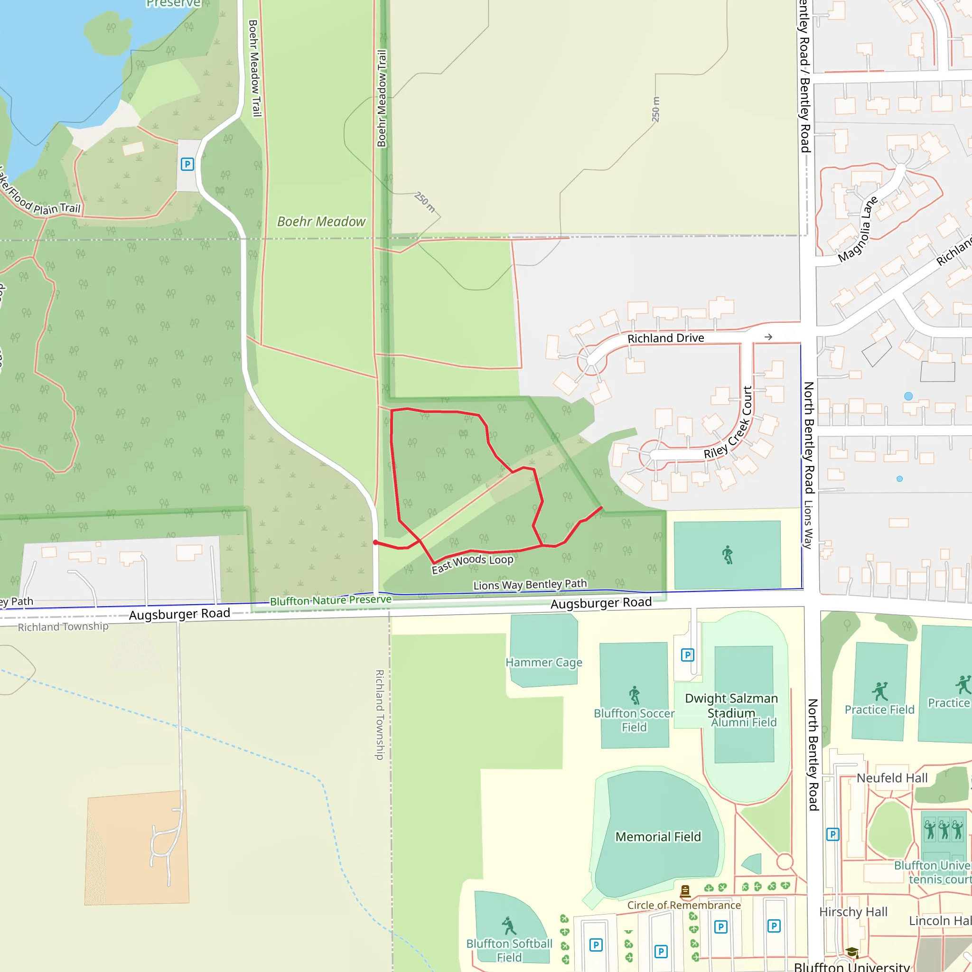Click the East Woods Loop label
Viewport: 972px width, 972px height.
tap(472, 563)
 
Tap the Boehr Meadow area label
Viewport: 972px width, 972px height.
tap(321, 221)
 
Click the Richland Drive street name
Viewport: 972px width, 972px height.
tap(665, 338)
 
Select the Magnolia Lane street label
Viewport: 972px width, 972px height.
tap(857, 229)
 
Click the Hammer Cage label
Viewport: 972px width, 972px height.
tap(543, 662)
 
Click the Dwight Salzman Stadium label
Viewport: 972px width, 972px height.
tap(731, 705)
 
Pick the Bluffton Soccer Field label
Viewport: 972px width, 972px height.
tap(634, 720)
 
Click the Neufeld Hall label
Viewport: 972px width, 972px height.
tap(891, 778)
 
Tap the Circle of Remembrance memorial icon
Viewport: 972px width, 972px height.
tap(685, 891)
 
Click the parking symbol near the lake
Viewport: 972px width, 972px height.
tap(187, 164)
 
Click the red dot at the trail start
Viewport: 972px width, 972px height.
tap(375, 542)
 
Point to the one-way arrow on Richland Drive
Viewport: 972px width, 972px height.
tap(768, 337)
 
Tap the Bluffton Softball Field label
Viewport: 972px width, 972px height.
tap(509, 950)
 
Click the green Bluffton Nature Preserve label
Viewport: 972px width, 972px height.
tap(330, 600)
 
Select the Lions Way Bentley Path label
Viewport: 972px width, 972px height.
tap(530, 585)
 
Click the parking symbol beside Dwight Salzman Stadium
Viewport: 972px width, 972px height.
tap(687, 654)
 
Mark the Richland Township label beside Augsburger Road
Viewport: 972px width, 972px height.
tap(63, 626)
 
